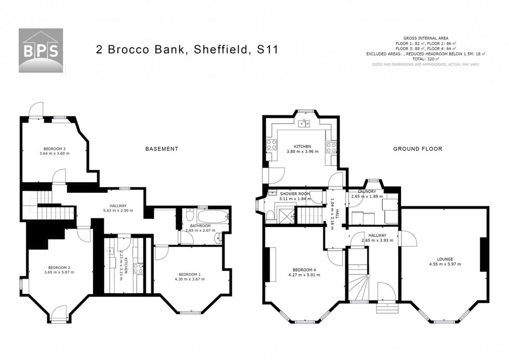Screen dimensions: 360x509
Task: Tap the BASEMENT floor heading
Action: click(162, 149)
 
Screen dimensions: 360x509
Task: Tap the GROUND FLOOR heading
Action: click(417, 149)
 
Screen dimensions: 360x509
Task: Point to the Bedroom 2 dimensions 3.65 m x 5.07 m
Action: click(57, 272)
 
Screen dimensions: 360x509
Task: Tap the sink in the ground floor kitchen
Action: click(304, 124)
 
